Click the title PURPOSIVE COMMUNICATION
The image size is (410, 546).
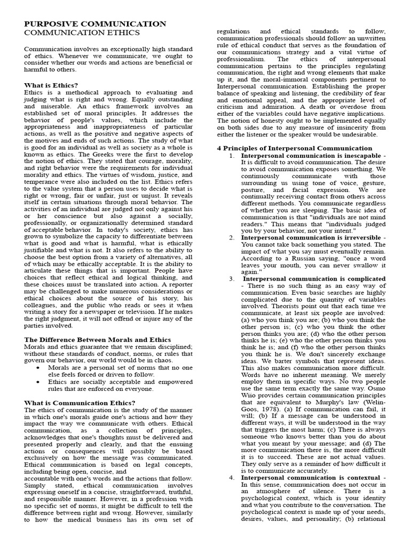(x=95, y=24)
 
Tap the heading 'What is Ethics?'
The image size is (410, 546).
(x=51, y=85)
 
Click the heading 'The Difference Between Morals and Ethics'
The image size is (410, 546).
(x=98, y=340)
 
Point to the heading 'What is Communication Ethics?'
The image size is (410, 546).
(x=80, y=403)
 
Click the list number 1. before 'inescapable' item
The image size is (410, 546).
(x=232, y=155)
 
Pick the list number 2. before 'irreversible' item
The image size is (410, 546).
(x=232, y=237)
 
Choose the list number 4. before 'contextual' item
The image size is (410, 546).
(x=232, y=477)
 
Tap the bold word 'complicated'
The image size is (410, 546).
(x=361, y=278)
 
